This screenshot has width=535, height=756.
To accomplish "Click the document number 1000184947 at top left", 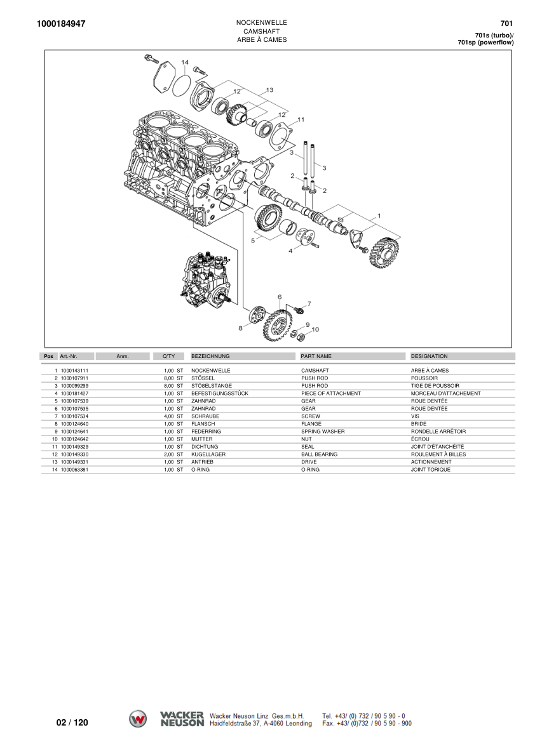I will pos(62,24).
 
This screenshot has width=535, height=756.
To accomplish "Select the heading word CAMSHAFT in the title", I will pos(261,31).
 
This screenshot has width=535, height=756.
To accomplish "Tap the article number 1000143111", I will pos(74,370).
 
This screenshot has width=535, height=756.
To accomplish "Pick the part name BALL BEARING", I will pos(319,454).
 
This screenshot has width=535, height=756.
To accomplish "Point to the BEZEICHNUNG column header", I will pos(210,357).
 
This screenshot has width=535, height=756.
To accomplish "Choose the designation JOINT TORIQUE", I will pos(430,470).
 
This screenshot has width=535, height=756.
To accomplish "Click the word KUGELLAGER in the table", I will pos(206,454).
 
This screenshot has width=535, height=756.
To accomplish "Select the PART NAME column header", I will pos(316,357).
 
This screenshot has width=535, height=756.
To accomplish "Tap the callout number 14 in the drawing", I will pos(185,62).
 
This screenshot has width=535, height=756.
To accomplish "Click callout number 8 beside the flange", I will pos(240,328).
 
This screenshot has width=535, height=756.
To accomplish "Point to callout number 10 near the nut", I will pos(315,329).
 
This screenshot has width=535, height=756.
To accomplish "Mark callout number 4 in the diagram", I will pos(290,251).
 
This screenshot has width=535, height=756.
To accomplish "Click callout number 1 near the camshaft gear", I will pos(379,215).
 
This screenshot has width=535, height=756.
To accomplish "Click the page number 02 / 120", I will pos(72,722).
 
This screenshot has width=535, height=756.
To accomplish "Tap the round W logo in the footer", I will pos(138,719).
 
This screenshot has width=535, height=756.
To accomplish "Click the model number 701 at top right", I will pos(506,24).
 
